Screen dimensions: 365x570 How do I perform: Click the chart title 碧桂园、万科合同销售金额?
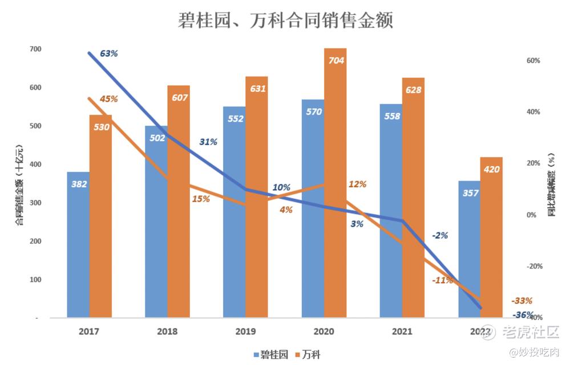tap(285, 21)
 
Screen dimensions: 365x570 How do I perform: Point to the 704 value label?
tap(336, 60)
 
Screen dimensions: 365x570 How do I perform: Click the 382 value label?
tap(78, 184)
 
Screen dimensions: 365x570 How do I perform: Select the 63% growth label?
tap(108, 54)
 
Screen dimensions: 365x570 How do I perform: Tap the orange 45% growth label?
tap(108, 99)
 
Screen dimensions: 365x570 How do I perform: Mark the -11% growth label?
tap(442, 280)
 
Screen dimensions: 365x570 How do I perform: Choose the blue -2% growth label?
tap(439, 235)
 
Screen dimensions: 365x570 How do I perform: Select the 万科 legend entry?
tap(306, 354)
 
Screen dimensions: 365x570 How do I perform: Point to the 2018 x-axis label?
tap(167, 331)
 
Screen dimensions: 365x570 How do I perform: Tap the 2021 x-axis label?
tap(402, 331)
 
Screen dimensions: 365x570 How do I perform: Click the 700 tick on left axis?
tap(35, 49)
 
